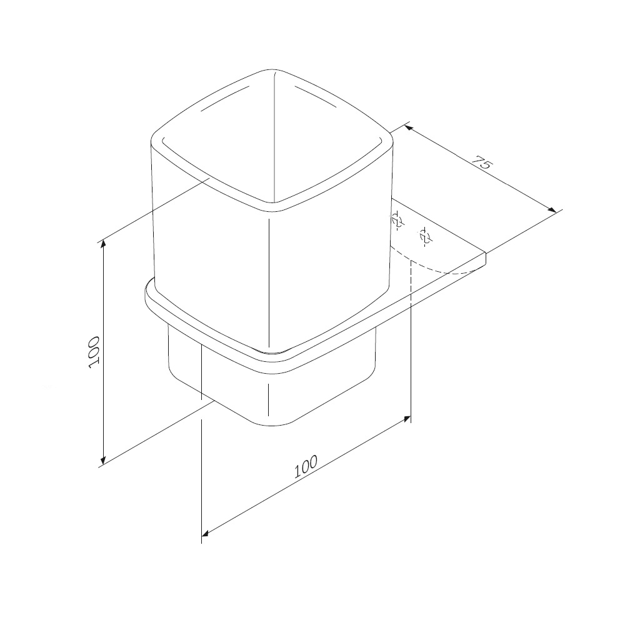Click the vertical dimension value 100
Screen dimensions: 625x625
point(94,352)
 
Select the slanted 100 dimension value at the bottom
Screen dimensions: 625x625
point(306,466)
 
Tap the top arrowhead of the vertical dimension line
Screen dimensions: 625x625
point(104,244)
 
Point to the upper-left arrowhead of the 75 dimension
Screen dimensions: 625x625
point(409,127)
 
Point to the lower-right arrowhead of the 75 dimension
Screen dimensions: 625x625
point(551,209)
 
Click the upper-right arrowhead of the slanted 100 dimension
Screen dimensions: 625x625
point(406,419)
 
